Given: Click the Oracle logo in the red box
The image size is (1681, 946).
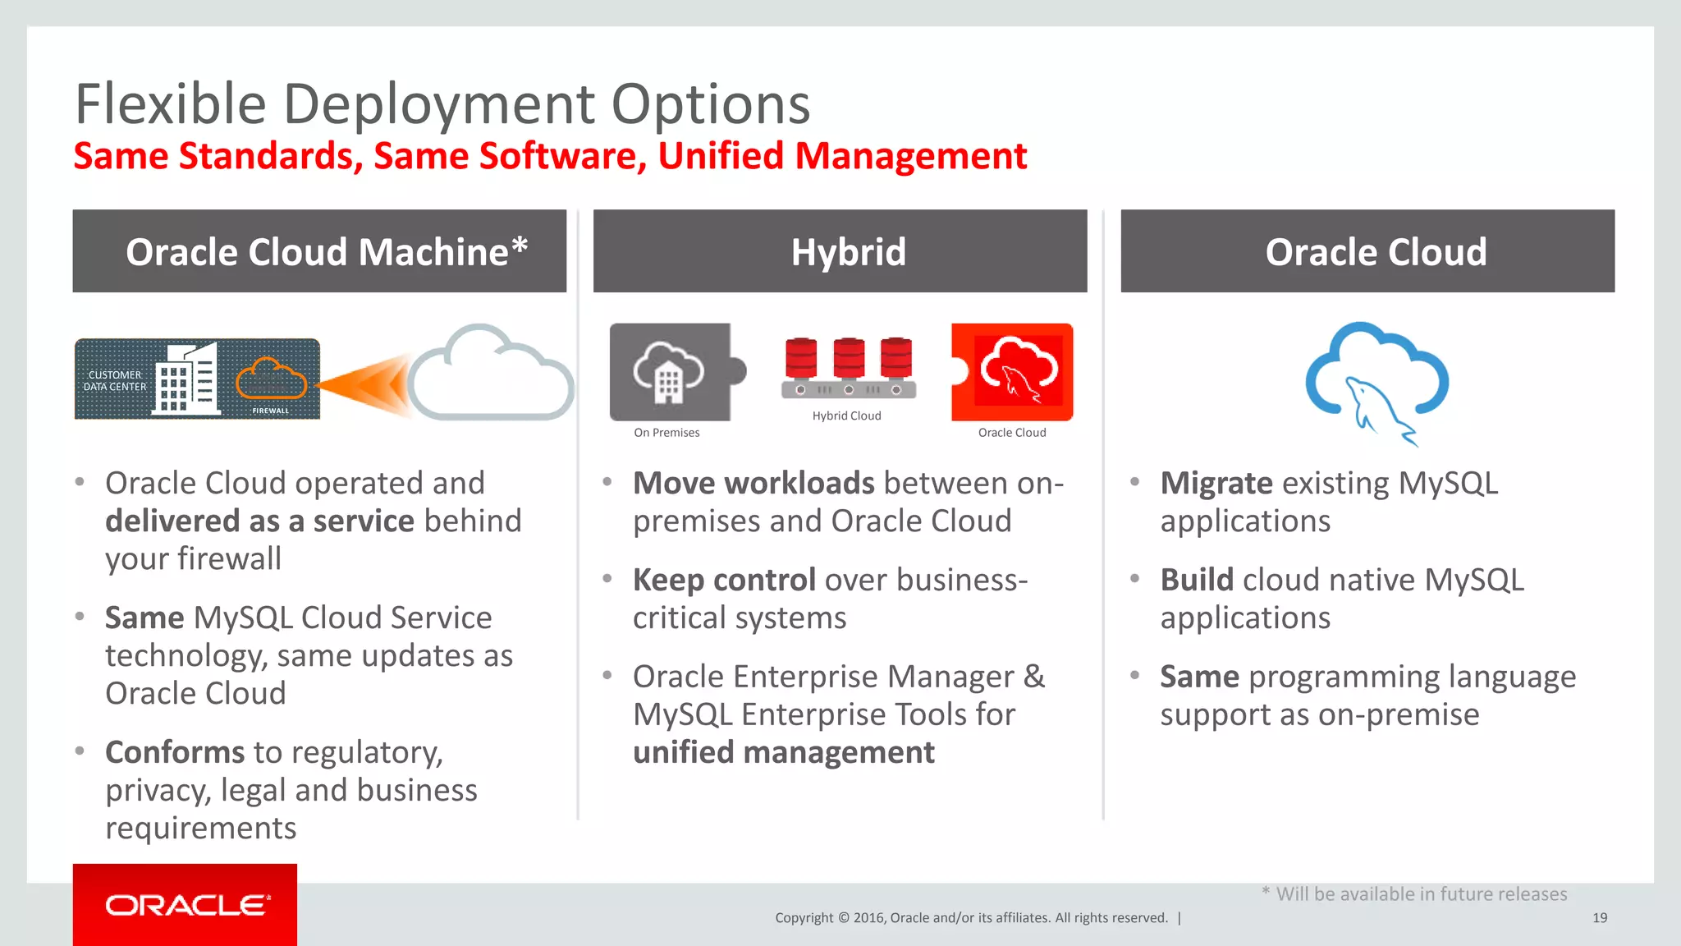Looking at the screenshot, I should tap(186, 905).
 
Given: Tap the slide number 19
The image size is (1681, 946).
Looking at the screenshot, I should tap(1599, 918).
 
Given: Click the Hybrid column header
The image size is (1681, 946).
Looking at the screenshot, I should tap(848, 251).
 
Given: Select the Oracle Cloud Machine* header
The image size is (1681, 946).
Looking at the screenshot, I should tap(326, 251).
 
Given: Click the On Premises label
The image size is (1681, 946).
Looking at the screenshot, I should tap(666, 433).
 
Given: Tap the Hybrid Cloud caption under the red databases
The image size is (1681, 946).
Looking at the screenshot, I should tap(846, 416).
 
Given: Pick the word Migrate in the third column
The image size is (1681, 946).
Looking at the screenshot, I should tap(1216, 484).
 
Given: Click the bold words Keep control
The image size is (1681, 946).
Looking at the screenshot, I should tap(723, 581).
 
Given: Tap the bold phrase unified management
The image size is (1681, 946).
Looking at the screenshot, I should tap(783, 753).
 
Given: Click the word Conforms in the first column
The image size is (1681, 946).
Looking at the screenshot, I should tap(175, 753).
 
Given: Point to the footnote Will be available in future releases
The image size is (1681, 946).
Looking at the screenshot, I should tap(1420, 894).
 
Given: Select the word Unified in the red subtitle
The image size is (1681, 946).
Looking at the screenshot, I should tap(720, 156).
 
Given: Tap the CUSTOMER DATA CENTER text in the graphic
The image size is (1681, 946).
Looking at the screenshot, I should tap(115, 381).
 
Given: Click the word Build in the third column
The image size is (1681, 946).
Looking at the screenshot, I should tap(1197, 581).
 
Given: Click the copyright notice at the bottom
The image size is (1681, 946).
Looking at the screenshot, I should tap(971, 918).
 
